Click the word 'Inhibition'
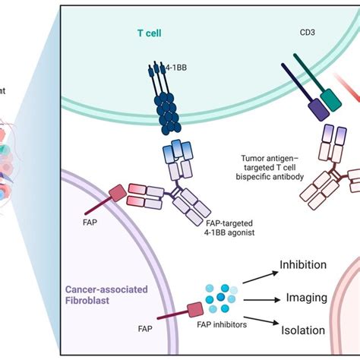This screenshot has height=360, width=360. pos(304,265)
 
